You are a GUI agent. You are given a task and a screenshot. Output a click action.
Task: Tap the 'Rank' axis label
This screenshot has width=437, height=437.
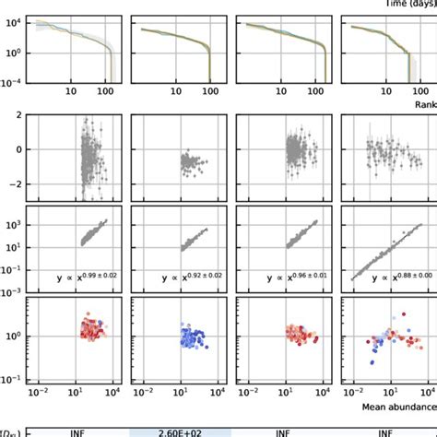pyautogui.click(x=422, y=104)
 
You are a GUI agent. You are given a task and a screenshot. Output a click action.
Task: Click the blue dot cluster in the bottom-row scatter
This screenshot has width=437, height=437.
pyautogui.click(x=191, y=337)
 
